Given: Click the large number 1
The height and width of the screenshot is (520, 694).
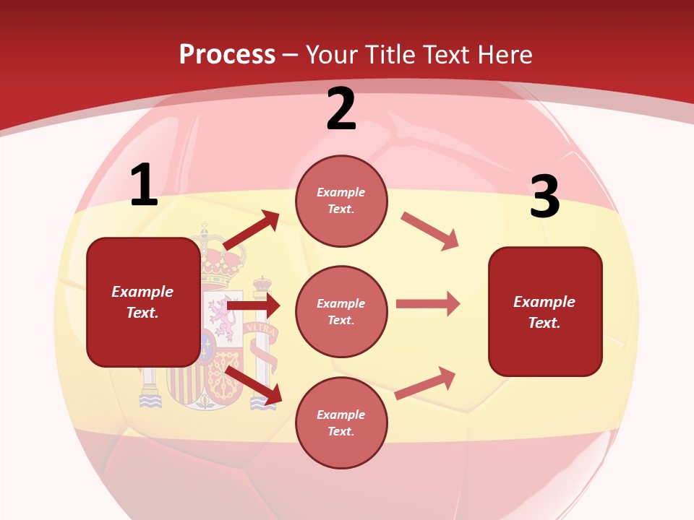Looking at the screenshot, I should coord(144,186).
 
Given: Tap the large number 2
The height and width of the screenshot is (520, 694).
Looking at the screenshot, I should coord(341,110).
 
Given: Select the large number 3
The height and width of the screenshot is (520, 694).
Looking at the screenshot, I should coord(544,197).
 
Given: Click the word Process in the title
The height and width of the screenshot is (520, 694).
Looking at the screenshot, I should coord(227,54).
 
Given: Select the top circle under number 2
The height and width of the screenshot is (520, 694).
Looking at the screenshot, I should coord(341,201).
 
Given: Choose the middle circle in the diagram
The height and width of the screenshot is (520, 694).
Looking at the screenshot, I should coord(341,312).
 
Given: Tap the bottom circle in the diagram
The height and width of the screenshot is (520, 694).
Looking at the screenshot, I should coord(341,423).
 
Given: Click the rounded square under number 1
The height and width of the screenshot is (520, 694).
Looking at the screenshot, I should coord(143,302).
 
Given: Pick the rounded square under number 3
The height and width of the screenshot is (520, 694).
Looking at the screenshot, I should coord(545,312).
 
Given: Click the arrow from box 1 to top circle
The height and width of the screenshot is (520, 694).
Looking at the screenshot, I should coord(251,231).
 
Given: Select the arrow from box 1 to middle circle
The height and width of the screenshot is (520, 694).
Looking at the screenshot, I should coord(253,306).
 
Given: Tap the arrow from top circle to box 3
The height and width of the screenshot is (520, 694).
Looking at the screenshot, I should coord(430,231).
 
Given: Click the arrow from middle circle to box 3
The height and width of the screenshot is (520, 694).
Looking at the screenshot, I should coord(428,303).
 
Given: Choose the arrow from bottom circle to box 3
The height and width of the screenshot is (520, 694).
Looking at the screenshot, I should coord(426,383).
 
